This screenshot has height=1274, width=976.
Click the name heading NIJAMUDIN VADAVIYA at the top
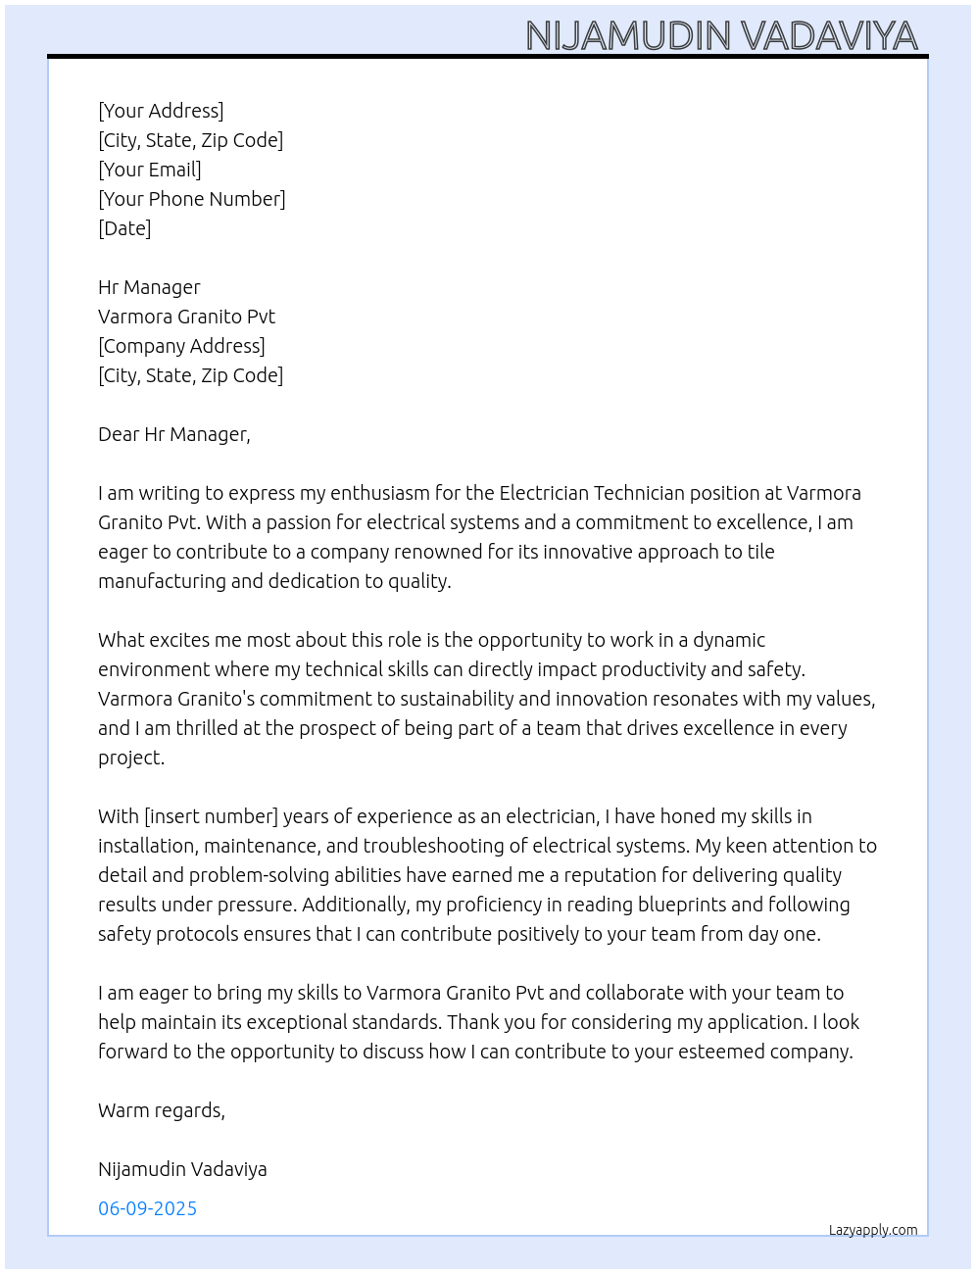coord(721,35)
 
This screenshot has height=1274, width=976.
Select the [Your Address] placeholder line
coord(161,111)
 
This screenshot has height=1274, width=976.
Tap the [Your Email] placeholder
coord(150,170)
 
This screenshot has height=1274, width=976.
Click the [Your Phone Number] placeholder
coord(192,199)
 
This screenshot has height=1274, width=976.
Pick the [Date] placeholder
coord(124,228)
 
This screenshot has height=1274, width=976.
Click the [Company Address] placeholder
coord(181,346)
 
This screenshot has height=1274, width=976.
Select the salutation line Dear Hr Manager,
coord(174,434)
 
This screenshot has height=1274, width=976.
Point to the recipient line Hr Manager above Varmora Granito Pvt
coord(149,287)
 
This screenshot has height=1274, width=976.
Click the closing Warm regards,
coord(162,1110)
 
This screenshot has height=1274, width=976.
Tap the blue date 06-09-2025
coord(147,1208)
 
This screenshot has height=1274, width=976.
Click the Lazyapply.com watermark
coord(873,1230)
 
